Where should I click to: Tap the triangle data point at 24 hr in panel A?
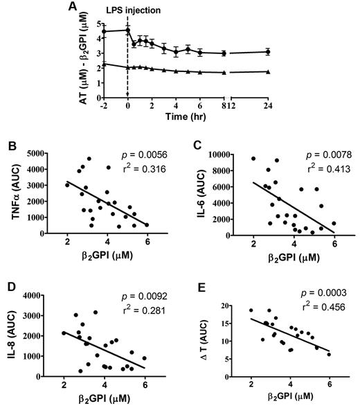tap(268, 72)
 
